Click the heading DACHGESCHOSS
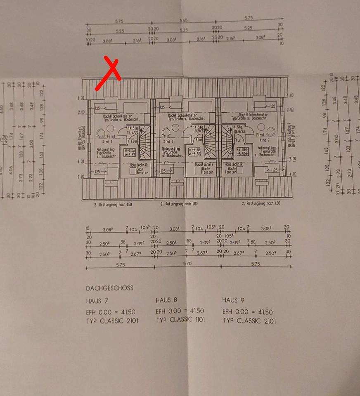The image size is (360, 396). coord(109,288)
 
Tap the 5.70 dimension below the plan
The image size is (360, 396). coord(187,264)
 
